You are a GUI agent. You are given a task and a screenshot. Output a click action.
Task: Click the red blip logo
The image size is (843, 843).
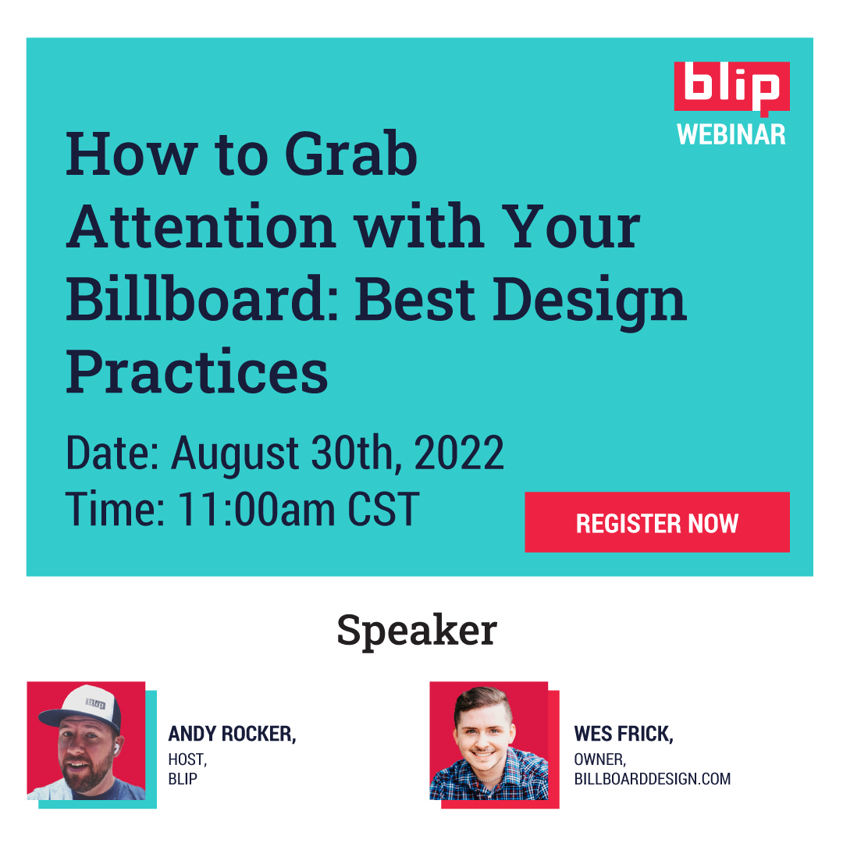731,88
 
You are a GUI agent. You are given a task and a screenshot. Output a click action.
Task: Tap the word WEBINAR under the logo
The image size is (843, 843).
731,134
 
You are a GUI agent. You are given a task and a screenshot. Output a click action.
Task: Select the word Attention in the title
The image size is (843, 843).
201,227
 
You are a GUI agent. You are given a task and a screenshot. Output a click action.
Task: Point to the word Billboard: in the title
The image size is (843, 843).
202,299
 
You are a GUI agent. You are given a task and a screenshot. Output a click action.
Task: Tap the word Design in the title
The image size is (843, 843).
590,303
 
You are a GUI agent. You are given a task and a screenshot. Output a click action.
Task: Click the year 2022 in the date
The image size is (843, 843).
459,453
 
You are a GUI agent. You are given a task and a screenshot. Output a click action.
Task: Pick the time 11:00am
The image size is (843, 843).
257,509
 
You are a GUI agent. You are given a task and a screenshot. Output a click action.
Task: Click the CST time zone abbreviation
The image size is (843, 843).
383,509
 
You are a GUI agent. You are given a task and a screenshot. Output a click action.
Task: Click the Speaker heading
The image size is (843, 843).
417,631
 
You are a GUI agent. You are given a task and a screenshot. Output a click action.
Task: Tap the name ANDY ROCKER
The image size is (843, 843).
233,734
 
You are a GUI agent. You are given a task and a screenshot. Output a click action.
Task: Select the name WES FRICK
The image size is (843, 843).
624,734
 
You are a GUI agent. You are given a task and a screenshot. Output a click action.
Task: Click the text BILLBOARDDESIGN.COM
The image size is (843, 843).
652,778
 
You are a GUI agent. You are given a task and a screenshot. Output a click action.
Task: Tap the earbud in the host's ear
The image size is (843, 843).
115,747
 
